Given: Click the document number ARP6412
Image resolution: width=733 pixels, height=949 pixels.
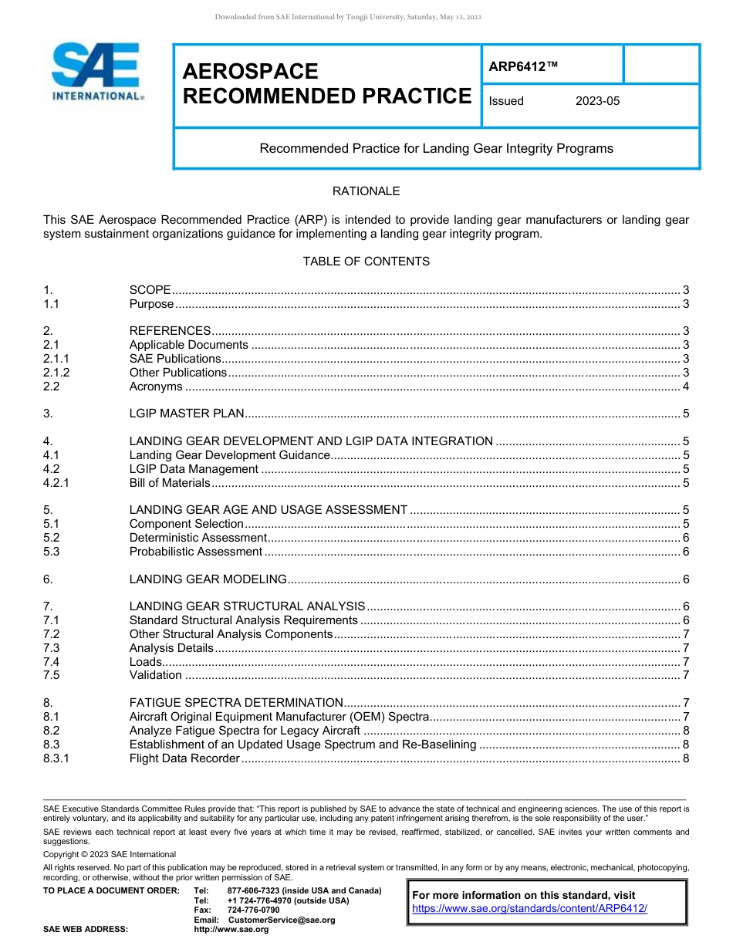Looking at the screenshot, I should click(x=522, y=67).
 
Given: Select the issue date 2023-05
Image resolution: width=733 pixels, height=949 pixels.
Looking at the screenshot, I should click(x=597, y=101).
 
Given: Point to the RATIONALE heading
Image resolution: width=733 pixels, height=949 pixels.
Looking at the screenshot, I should click(x=366, y=191).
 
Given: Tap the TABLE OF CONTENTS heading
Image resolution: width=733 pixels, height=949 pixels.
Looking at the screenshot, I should click(x=366, y=262).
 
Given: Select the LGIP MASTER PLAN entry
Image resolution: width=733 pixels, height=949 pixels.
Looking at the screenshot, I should click(x=187, y=414).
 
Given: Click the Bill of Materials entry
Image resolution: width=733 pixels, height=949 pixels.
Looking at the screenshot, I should click(x=170, y=483).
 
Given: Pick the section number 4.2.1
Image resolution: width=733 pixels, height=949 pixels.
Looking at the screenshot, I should click(x=56, y=483).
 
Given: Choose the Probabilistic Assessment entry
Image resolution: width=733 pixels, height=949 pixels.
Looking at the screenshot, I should click(x=196, y=552).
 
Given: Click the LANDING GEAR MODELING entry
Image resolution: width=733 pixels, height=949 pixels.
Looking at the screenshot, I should click(x=208, y=579).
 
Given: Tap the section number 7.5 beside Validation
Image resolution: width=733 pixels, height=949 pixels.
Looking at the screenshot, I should click(x=52, y=675).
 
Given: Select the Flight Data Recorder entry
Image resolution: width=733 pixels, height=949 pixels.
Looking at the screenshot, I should click(x=184, y=758).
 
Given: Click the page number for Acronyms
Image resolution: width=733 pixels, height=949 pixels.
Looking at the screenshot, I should click(x=685, y=387).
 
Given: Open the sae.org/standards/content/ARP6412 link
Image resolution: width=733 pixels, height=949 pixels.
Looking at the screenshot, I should click(x=529, y=908).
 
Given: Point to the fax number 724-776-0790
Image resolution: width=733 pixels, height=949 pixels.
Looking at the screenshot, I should click(x=254, y=910).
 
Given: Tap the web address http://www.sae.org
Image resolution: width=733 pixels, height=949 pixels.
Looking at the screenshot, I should click(x=231, y=930).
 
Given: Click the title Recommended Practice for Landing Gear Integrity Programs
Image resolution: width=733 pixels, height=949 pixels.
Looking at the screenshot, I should click(x=436, y=148).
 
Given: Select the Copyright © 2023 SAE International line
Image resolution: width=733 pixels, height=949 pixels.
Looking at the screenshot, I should click(x=110, y=854).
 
